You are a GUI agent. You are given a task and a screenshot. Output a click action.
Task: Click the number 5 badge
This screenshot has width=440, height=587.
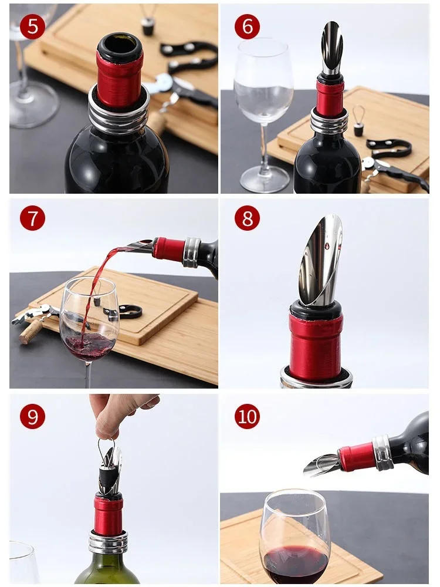(x=32, y=27)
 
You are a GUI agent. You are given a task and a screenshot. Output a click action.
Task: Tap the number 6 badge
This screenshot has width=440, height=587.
(x=247, y=27)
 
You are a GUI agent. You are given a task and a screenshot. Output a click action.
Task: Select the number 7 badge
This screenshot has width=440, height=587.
(x=32, y=218)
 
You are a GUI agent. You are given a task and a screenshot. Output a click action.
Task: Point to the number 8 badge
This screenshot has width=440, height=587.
(x=247, y=218)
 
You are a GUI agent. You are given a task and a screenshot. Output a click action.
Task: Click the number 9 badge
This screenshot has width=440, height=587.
(x=32, y=416)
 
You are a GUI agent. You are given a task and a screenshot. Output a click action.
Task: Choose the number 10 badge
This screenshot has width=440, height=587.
(x=247, y=416)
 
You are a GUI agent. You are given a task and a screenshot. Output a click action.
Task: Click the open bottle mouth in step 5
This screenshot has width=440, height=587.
(x=120, y=45)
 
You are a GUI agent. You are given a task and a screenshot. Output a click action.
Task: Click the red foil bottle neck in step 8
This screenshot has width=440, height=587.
(x=316, y=346)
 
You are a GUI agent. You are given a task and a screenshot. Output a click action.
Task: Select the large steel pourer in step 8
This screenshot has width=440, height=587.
(x=320, y=261)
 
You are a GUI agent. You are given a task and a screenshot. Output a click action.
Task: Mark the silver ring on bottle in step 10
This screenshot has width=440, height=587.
(x=383, y=453)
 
